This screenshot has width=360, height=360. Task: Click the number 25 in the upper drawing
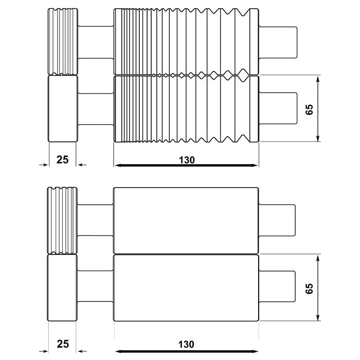click(x=62, y=159)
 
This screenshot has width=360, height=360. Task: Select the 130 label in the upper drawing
click(x=187, y=159)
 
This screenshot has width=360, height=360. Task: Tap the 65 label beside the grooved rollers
click(x=309, y=109)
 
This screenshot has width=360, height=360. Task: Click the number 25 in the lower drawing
click(x=62, y=344)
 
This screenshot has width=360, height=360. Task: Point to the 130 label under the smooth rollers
click(x=187, y=344)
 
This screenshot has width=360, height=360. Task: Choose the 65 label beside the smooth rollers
click(x=309, y=288)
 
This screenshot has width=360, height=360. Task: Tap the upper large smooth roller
click(x=185, y=220)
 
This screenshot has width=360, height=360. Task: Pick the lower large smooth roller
click(x=185, y=288)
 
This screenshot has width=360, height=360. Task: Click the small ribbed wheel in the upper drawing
click(x=63, y=41)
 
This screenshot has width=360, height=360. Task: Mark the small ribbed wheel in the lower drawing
click(x=62, y=220)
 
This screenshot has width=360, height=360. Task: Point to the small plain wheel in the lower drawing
click(x=62, y=288)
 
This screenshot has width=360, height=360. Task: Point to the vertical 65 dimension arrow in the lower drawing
click(x=319, y=288)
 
